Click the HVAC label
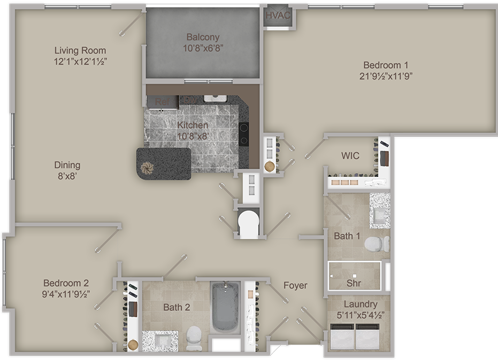278,15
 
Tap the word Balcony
203,37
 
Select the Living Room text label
80,51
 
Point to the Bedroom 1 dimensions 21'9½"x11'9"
386,75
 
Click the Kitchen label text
193,126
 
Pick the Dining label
67,165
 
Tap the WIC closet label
350,156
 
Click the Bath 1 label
347,236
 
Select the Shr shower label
353,283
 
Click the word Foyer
295,285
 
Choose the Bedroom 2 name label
66,283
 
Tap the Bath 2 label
177,307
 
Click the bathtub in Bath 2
226,307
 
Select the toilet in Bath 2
194,336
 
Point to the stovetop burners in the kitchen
243,134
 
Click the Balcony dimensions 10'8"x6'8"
203,47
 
